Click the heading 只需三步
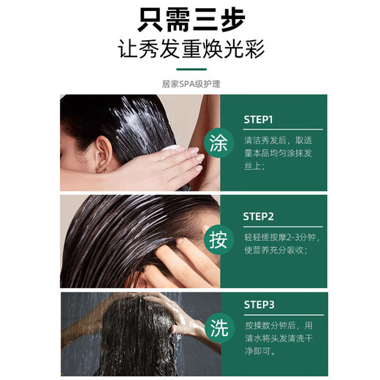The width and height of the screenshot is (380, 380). [191, 20]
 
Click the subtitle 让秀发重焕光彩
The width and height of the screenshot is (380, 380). [191, 49]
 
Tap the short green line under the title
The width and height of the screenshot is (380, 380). [191, 69]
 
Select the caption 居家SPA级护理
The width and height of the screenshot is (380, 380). [191, 84]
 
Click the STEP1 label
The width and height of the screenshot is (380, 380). [258, 120]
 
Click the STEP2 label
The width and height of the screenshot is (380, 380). [259, 216]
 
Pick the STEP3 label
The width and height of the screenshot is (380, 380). [259, 305]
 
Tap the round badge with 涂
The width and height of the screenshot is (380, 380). [218, 143]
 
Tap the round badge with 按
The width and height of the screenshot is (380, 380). [218, 240]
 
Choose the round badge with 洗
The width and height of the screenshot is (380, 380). [220, 328]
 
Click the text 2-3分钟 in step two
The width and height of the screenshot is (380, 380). [301, 237]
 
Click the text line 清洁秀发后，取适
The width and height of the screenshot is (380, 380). [278, 140]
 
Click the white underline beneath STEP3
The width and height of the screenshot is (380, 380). [284, 315]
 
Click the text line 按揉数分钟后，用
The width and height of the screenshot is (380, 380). [279, 325]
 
